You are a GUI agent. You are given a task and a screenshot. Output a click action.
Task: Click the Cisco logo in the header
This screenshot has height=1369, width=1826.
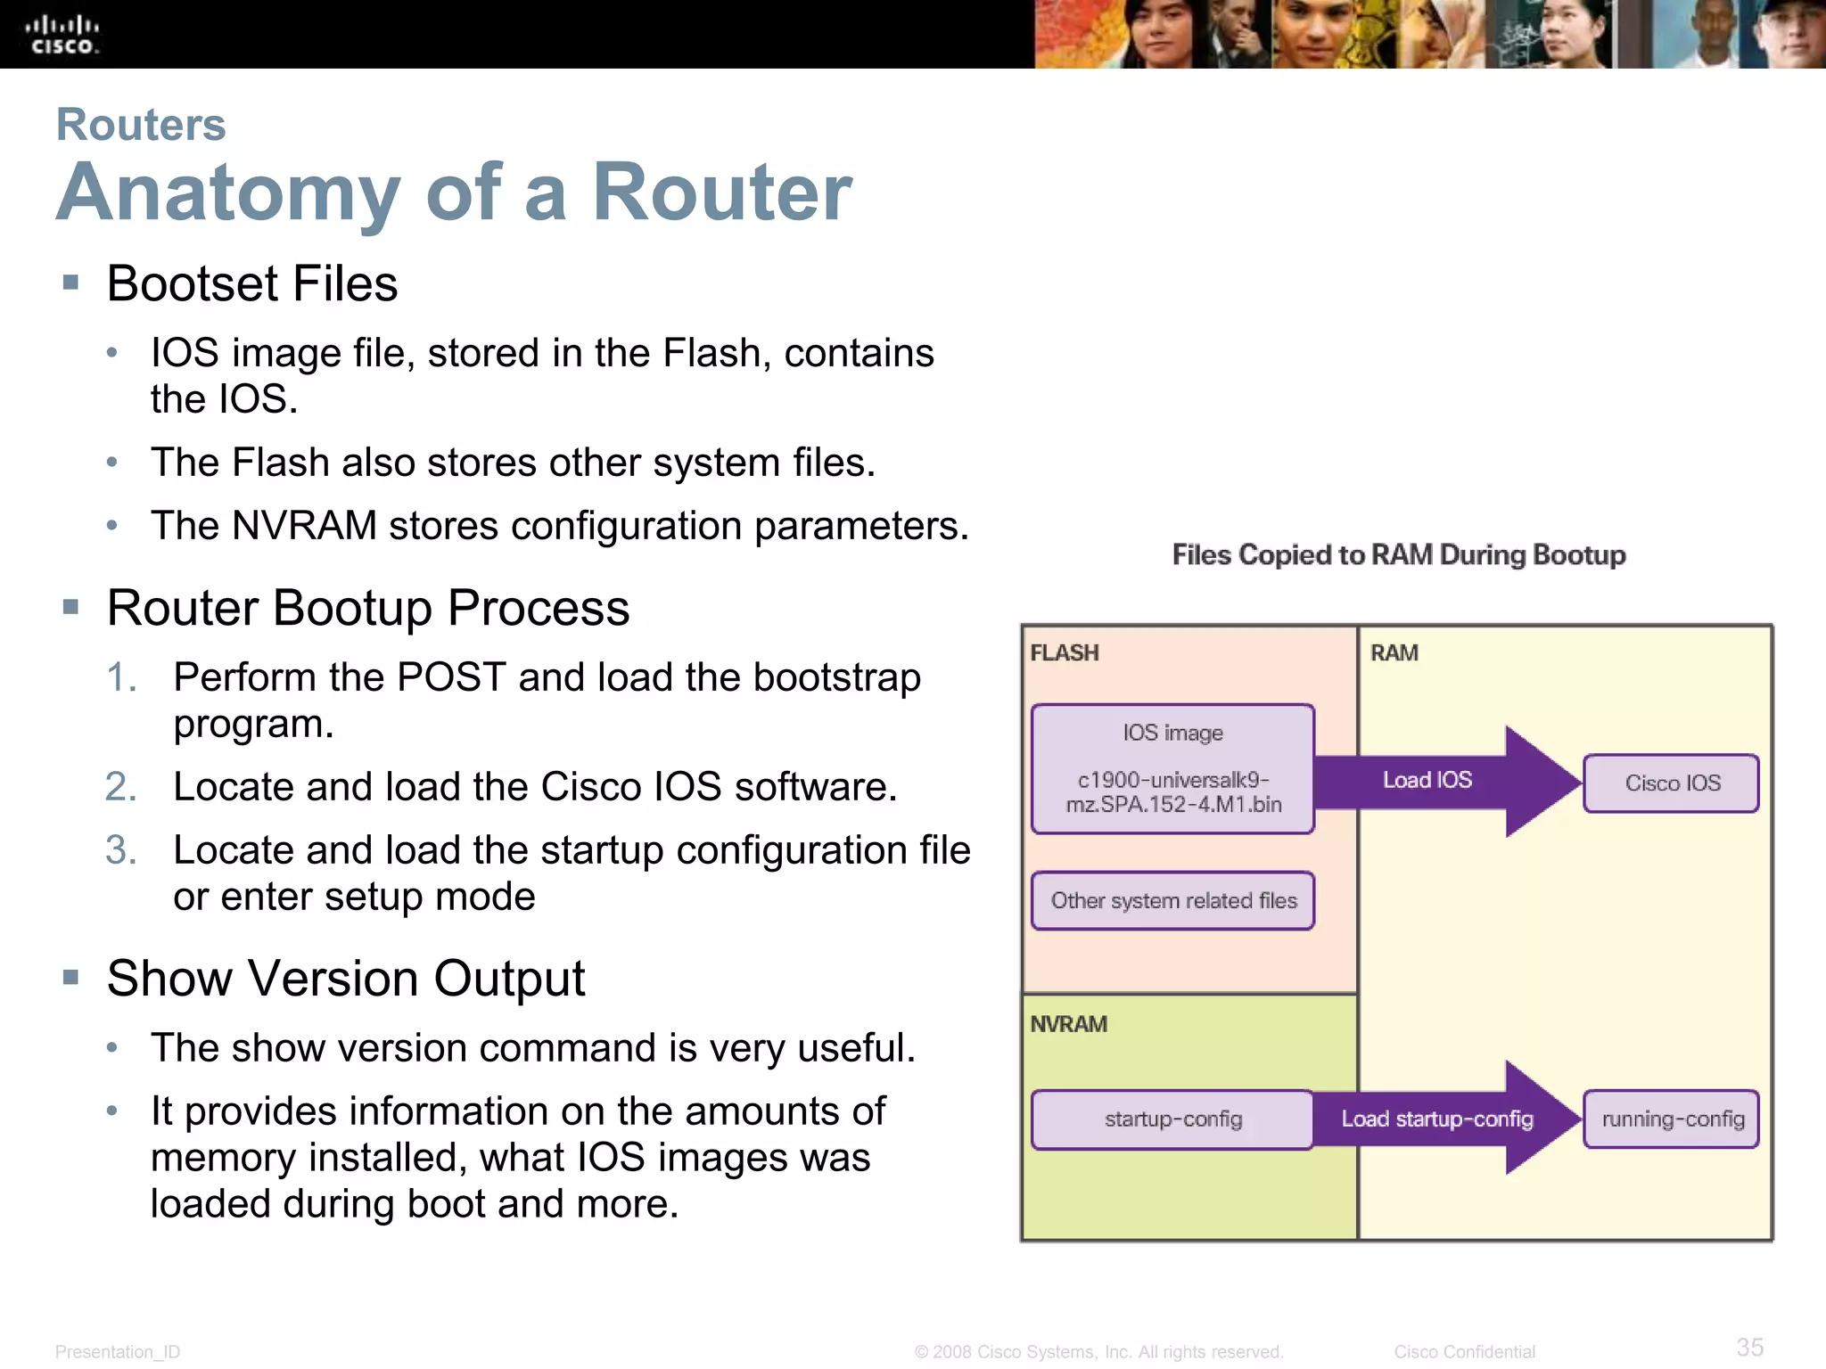coord(62,35)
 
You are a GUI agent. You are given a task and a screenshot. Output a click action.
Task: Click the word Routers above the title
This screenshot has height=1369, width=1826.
coord(141,124)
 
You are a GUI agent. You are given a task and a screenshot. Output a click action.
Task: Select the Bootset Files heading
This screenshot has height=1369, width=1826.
coord(252,283)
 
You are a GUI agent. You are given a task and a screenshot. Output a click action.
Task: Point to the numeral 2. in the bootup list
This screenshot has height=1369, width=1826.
coord(120,787)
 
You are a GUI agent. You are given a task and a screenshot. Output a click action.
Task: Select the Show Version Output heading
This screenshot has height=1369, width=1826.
coord(346,979)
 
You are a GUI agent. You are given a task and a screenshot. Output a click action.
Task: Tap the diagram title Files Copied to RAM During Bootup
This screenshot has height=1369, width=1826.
coord(1398,555)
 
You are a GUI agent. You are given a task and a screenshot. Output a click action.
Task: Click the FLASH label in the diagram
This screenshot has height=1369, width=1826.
coord(1064,653)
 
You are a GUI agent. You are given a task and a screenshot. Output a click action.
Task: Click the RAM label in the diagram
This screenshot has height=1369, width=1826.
coord(1394,653)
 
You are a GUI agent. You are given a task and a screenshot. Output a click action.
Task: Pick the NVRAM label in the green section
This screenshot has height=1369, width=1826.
coord(1068,1024)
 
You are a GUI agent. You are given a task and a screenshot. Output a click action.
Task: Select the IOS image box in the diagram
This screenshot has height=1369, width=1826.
coord(1172,768)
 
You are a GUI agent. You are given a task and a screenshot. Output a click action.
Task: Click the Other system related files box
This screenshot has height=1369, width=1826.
coord(1172,901)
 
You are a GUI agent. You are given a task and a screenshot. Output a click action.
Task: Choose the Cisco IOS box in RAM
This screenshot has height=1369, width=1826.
coord(1672,783)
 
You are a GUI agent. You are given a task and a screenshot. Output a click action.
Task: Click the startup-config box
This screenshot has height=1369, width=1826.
coord(1172,1119)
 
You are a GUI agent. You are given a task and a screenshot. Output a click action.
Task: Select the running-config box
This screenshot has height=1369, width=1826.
coord(1672,1119)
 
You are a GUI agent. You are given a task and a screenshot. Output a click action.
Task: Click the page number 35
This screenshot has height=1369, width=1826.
coord(1749,1347)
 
